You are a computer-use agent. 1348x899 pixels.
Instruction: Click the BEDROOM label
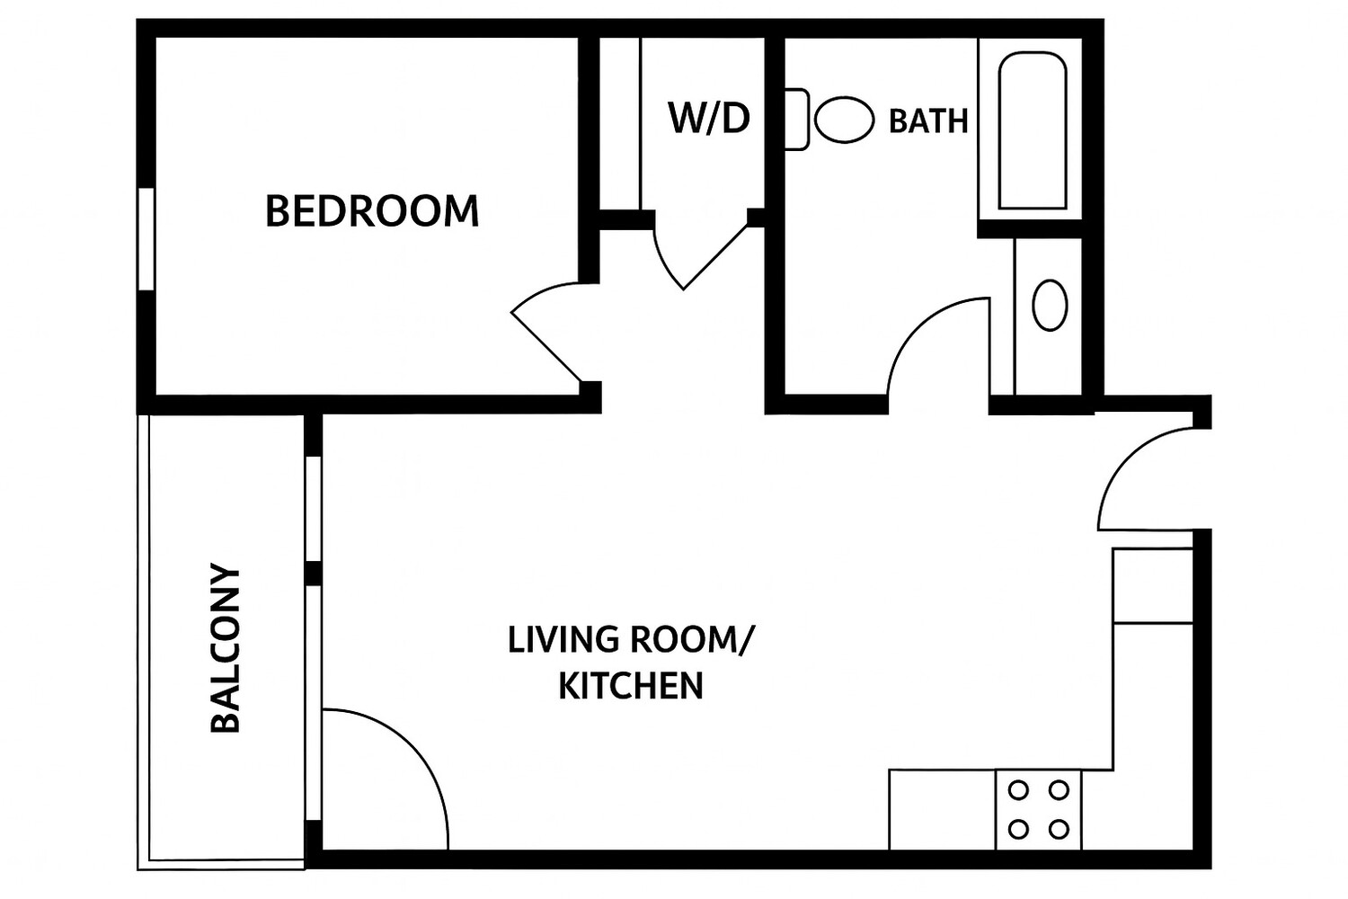372,211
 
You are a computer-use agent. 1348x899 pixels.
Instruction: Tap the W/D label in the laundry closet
709,118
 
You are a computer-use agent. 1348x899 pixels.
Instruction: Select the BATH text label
928,120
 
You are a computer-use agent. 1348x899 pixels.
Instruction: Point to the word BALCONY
226,648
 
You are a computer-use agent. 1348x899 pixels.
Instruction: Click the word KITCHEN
631,686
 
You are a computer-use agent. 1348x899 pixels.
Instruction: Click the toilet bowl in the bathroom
845,120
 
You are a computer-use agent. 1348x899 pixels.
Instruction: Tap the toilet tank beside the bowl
796,119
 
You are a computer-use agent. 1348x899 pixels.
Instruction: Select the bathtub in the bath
1033,131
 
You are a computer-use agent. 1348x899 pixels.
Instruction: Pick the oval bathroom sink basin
1050,306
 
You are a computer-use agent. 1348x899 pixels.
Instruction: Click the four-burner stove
1038,809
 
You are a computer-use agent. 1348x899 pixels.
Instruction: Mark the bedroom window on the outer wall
146,239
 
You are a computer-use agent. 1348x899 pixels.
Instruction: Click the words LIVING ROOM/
631,640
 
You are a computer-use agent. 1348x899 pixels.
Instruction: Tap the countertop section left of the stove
942,809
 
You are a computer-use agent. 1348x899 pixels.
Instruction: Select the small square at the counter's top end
1153,585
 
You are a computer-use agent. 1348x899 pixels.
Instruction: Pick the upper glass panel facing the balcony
313,509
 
